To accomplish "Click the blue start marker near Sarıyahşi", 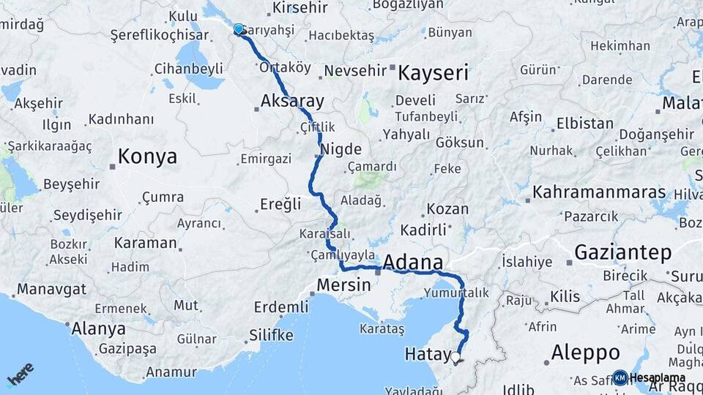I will point(238,29).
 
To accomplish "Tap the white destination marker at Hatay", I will point(456,358).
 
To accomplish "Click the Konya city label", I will point(147,157).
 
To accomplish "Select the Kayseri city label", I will point(433,74).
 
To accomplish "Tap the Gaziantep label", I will point(622,253).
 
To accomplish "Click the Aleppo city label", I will point(585,352).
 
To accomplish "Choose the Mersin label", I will point(344,285).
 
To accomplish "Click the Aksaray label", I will point(292,101).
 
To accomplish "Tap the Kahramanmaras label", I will point(599,192).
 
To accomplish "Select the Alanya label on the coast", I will point(98,328).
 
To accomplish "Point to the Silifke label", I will point(271,335).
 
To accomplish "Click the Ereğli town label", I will point(281,204).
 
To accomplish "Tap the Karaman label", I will point(146,242).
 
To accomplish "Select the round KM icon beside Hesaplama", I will point(620,377).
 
